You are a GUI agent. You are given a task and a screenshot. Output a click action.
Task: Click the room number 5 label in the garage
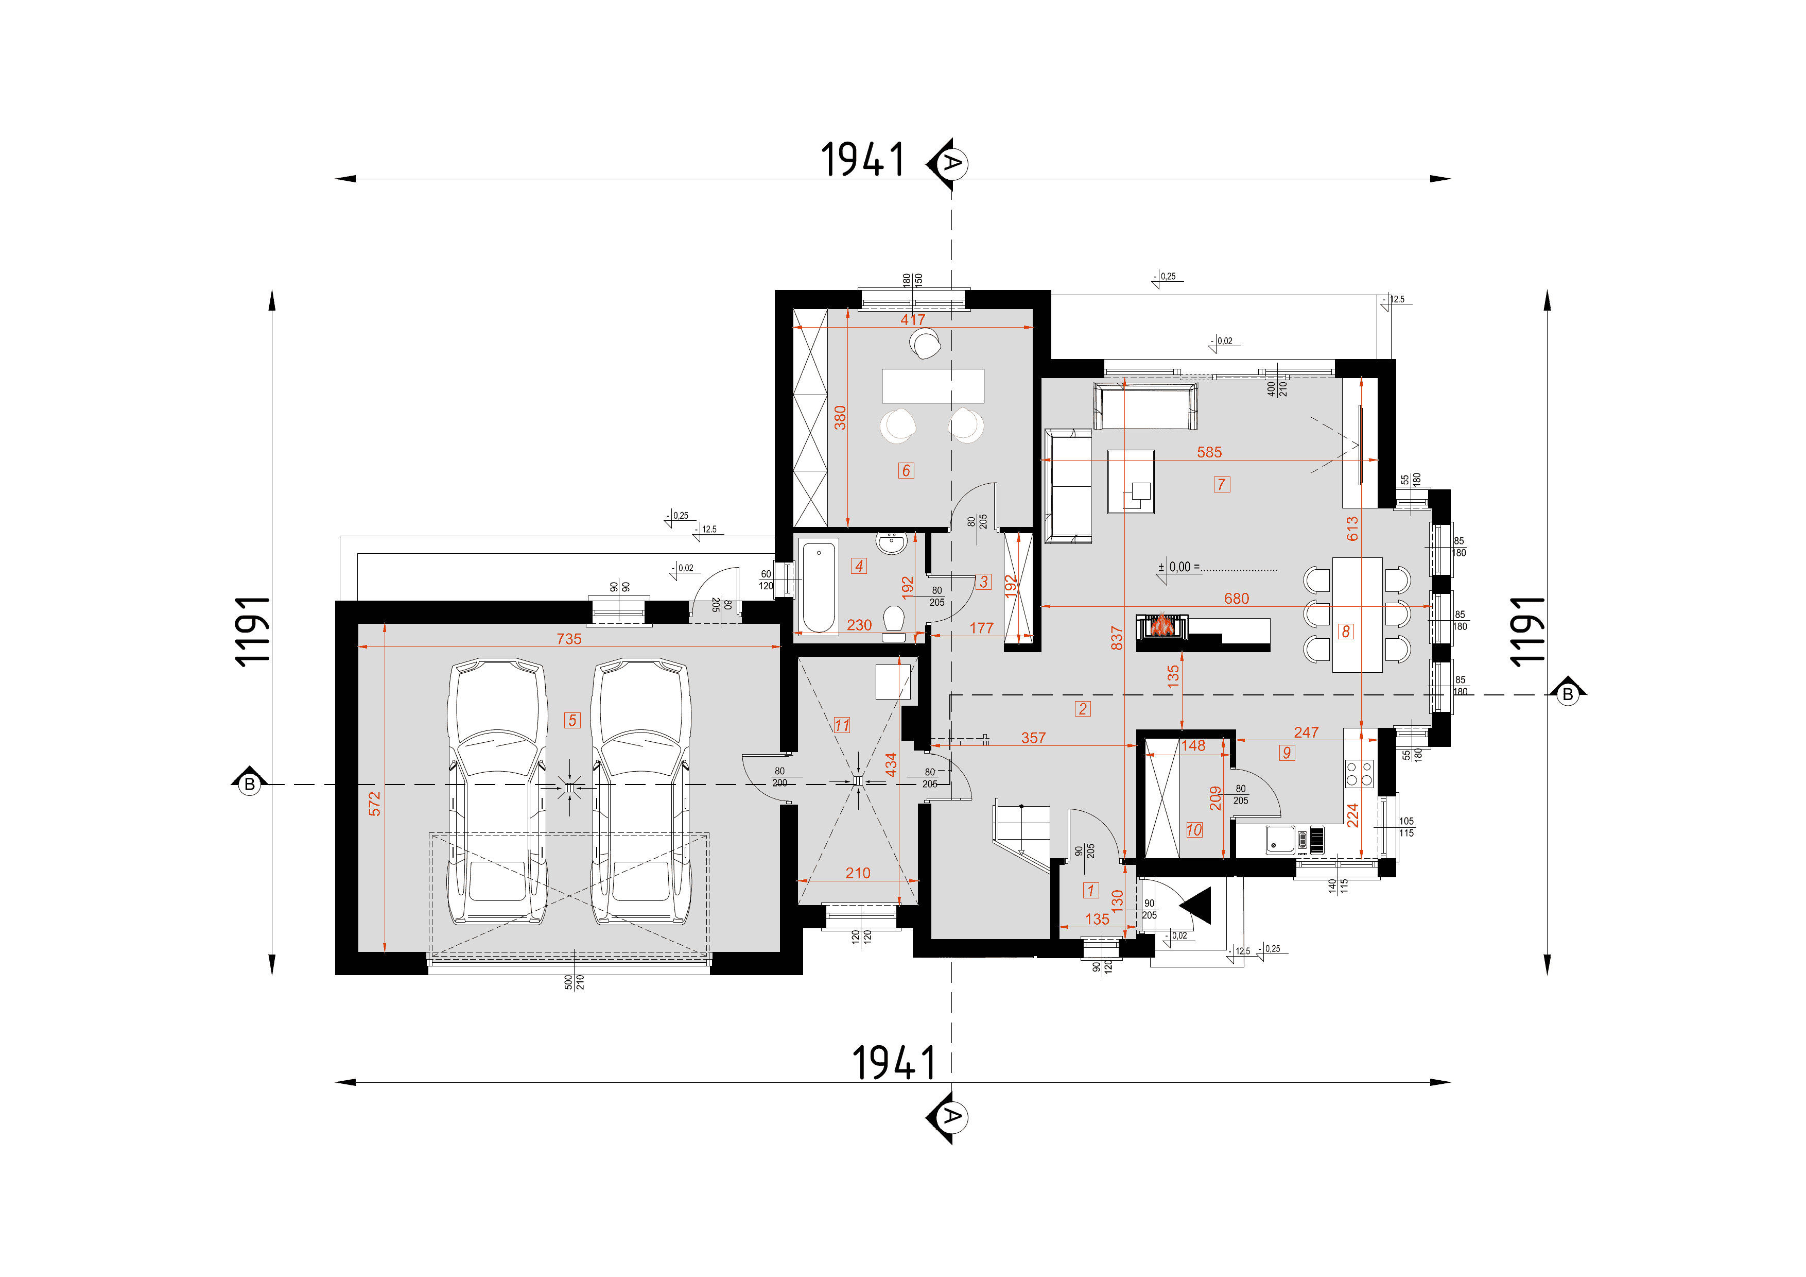572,720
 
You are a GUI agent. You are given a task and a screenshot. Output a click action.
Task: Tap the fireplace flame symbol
1161,625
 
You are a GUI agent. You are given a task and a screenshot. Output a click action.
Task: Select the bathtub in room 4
819,586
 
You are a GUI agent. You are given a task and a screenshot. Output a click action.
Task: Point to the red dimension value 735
569,639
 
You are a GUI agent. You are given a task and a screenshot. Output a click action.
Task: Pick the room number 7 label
1222,485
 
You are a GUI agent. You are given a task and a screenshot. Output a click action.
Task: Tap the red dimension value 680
1236,599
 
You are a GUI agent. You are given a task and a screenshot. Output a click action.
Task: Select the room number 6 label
906,470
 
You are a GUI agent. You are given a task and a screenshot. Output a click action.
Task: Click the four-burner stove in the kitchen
1359,773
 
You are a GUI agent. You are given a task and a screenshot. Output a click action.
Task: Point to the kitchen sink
1280,840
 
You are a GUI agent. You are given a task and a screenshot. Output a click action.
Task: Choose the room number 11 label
842,725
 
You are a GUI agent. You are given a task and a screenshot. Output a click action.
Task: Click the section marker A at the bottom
949,1117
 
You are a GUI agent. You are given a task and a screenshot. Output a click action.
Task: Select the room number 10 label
1194,829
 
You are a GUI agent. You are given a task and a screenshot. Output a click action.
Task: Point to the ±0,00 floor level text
1179,567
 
